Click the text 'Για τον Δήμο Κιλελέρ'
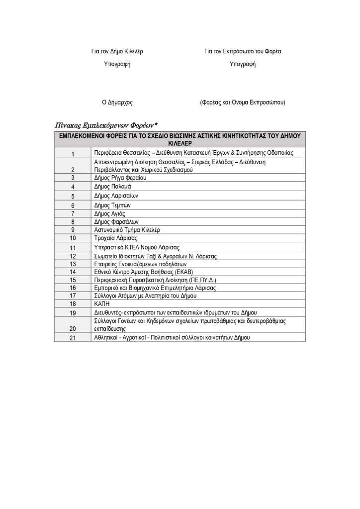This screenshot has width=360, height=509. (x=117, y=51)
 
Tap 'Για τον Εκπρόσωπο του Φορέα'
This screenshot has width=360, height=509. (x=242, y=51)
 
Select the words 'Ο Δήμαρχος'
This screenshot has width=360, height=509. (x=117, y=102)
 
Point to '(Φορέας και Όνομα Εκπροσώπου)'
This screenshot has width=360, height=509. (x=242, y=102)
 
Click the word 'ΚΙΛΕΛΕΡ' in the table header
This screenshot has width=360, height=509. (x=180, y=142)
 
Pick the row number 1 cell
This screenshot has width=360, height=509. (x=73, y=154)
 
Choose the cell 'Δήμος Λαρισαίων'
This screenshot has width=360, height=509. (x=116, y=196)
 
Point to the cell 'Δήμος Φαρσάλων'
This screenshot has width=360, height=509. (x=116, y=222)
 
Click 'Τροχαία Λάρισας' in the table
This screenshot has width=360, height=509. (x=114, y=238)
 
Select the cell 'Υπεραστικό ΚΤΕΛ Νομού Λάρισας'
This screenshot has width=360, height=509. (x=137, y=247)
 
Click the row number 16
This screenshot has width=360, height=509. (x=73, y=288)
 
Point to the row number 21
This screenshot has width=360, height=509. (x=73, y=338)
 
